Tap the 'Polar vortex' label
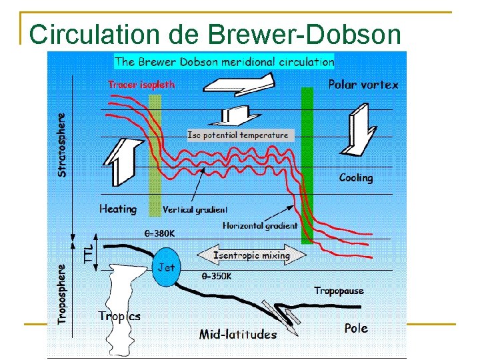(363, 85)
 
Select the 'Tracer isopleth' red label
(141, 85)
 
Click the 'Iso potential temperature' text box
(239, 135)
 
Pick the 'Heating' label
(118, 209)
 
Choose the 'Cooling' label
(356, 177)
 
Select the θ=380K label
(161, 234)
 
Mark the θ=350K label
(219, 275)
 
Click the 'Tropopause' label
(339, 291)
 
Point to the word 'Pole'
(355, 328)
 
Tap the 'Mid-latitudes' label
(237, 335)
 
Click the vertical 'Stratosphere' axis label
(62, 144)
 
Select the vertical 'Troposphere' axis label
(62, 294)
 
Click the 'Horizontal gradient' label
(260, 225)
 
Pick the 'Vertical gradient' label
(195, 209)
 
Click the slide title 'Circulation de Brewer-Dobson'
(215, 35)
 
